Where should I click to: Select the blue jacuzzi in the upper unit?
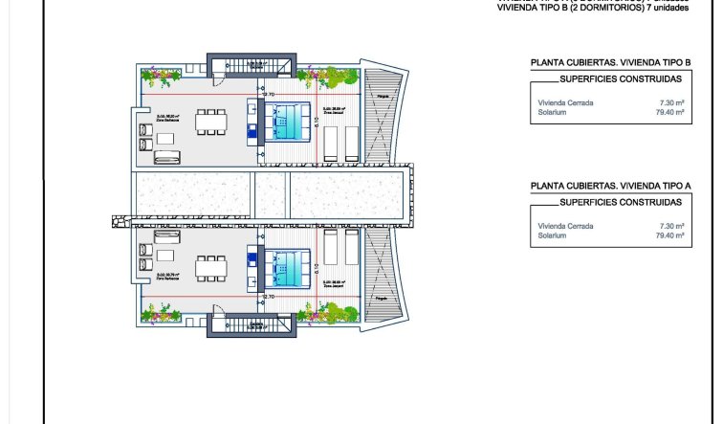(287, 119)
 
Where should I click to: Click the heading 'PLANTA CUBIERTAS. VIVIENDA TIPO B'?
(610, 63)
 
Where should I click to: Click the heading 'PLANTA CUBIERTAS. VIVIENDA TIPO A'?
(610, 188)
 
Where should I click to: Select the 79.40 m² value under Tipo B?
(669, 112)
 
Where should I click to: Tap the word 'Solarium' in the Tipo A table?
(553, 235)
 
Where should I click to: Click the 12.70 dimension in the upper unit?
(268, 94)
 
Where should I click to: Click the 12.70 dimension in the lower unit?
(268, 297)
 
